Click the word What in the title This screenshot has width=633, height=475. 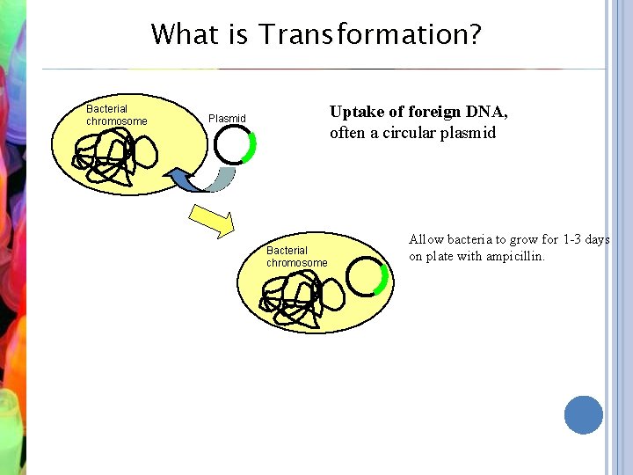pyautogui.click(x=180, y=35)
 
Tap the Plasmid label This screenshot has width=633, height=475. pyautogui.click(x=227, y=119)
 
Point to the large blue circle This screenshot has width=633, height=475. pyautogui.click(x=584, y=414)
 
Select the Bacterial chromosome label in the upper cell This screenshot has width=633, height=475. pyautogui.click(x=116, y=115)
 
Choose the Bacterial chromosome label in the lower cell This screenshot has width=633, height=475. pyautogui.click(x=296, y=257)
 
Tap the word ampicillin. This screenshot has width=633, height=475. pyautogui.click(x=515, y=257)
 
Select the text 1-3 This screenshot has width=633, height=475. pyautogui.click(x=574, y=239)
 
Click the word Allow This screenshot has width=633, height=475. pyautogui.click(x=427, y=239)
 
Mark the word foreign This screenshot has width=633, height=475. pyautogui.click(x=431, y=112)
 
